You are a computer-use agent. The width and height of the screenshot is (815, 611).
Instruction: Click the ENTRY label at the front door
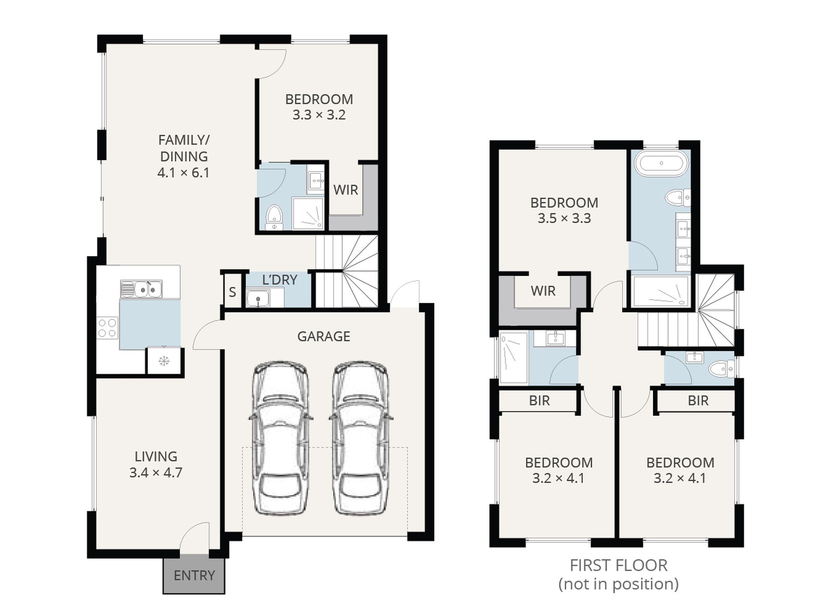194,575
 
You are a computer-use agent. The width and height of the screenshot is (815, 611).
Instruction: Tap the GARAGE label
324,337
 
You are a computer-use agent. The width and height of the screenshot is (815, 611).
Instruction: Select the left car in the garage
280,437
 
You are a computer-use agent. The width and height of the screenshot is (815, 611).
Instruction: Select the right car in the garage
361,437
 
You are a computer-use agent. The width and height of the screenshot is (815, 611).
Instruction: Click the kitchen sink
141,289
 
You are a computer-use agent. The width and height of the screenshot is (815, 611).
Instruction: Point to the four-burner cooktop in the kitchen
107,328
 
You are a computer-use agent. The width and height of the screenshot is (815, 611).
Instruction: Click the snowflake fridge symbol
163,361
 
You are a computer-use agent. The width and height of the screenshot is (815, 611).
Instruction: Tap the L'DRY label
280,280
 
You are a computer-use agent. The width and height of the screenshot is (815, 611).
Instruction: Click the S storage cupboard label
232,292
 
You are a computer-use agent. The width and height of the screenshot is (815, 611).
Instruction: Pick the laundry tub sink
258,298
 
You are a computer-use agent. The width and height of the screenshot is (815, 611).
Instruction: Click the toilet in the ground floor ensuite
274,218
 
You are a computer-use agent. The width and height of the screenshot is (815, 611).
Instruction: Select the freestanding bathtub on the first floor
661,163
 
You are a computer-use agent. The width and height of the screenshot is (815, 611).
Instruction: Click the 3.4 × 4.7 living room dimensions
156,473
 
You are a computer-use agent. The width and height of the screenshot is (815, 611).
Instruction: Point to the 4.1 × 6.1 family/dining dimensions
183,173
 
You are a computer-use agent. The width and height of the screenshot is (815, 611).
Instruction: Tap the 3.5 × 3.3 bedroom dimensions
564,218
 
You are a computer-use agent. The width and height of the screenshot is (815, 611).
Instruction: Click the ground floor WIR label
346,190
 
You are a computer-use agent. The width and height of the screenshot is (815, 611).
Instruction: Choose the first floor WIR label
543,291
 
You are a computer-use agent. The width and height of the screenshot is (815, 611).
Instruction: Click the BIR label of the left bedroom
539,400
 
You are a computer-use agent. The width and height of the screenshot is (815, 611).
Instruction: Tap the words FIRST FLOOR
619,566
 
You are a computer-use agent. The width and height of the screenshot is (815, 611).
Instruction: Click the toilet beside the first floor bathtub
678,198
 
